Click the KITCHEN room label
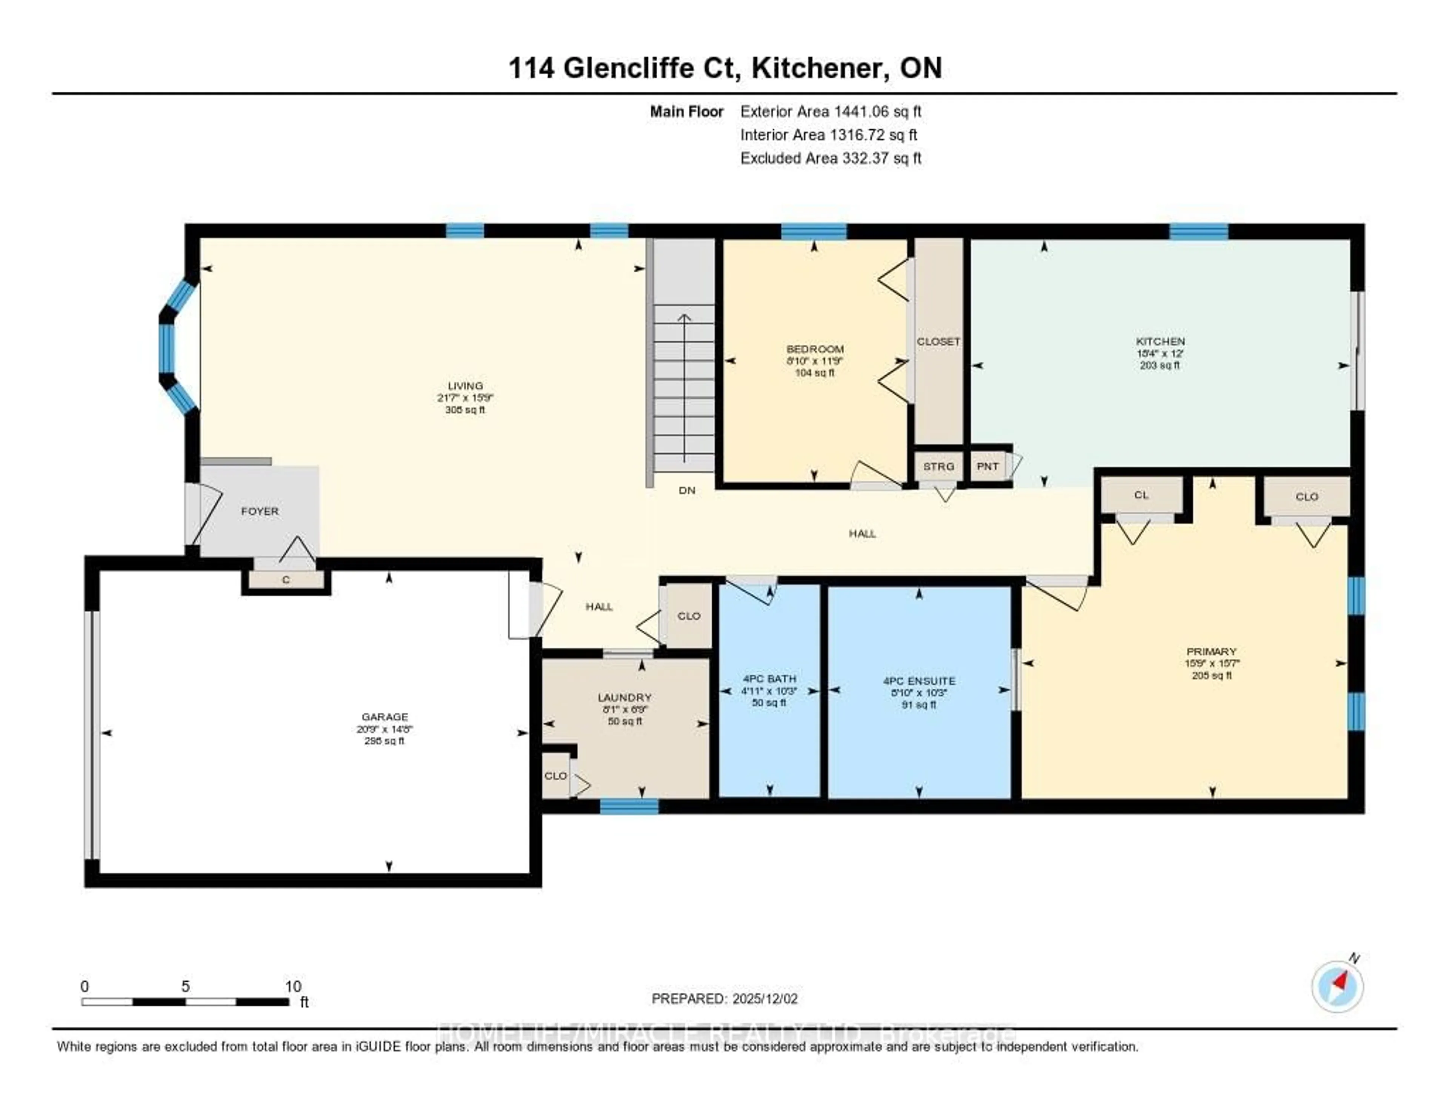point(1160,341)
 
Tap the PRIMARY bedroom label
point(1212,652)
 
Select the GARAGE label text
point(385,716)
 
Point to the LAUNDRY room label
point(625,697)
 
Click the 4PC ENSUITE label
point(919,681)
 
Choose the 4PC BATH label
point(769,679)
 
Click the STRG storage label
point(938,466)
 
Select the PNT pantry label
point(987,466)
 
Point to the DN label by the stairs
point(687,490)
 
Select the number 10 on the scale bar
point(292,986)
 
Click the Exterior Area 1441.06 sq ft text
point(831,111)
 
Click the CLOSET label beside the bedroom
point(938,341)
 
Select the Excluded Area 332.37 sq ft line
point(831,158)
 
